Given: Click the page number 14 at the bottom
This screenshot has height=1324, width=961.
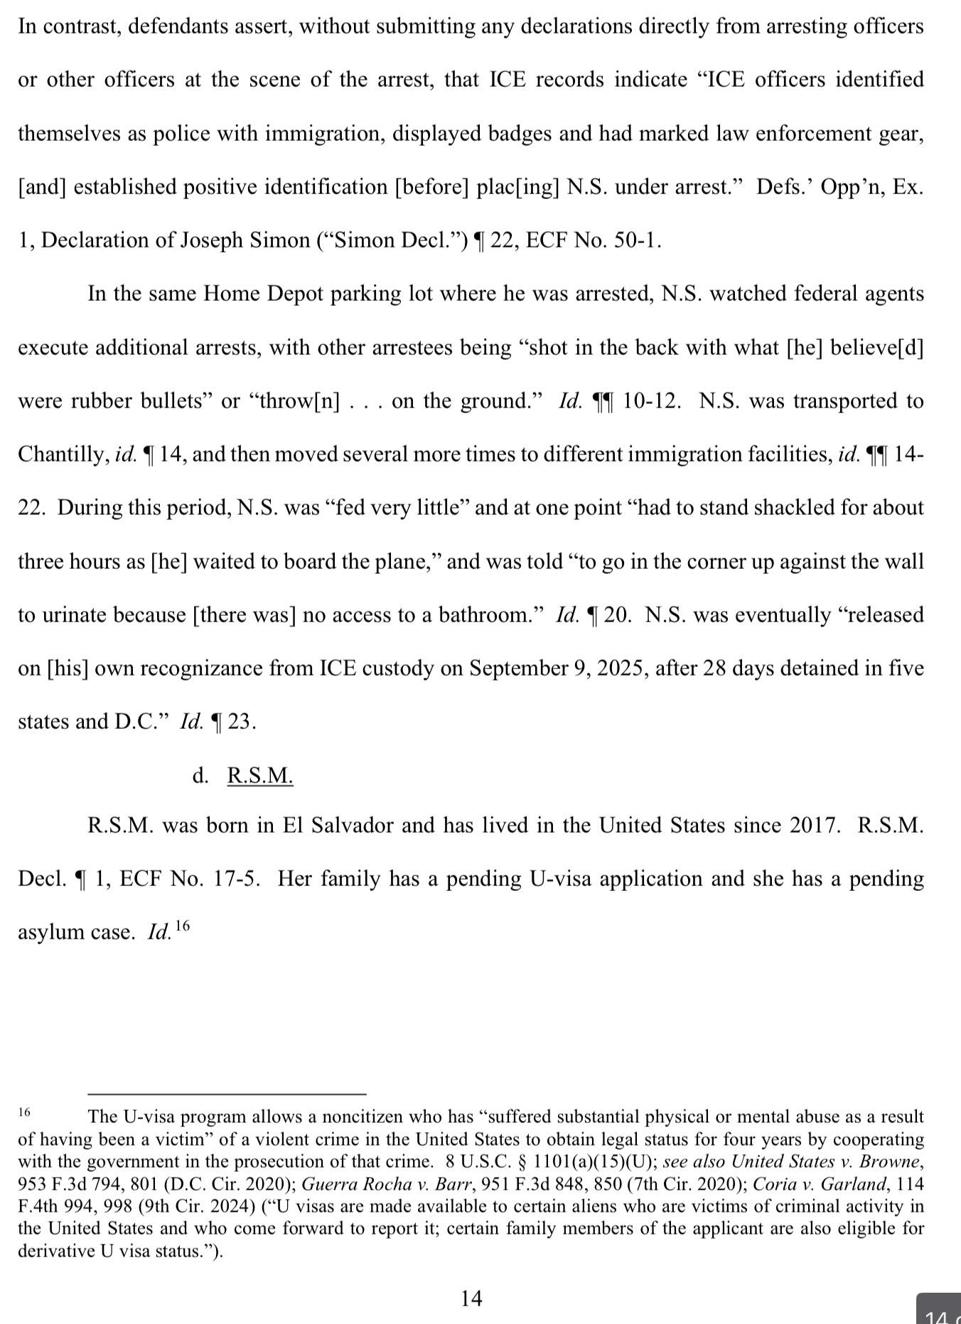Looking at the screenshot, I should pyautogui.click(x=471, y=1298).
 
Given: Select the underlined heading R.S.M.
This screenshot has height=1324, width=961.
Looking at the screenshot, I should pyautogui.click(x=260, y=775).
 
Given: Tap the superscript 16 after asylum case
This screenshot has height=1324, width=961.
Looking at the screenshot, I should pyautogui.click(x=182, y=926).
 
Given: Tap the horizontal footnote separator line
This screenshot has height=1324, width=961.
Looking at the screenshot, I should pyautogui.click(x=227, y=1094).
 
